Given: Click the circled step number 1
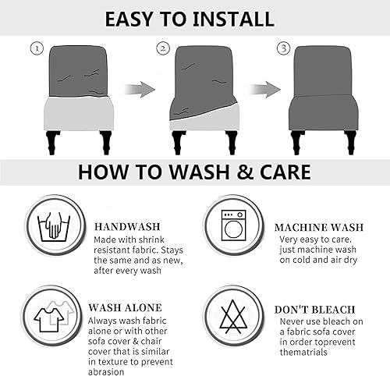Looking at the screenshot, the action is coord(37,48).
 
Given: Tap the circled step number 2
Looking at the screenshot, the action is coord(163,48).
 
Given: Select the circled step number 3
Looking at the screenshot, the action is coord(283,48).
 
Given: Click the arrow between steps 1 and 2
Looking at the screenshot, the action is coord(140,90).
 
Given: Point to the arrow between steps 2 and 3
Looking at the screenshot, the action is coord(264,90).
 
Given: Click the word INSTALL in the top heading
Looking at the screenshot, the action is coord(233,19).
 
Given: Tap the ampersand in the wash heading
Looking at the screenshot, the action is coord(245,172).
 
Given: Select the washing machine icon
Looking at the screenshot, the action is coord(233,225).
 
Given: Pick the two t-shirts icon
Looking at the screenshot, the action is coord(54,317).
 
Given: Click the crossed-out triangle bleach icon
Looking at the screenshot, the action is coord(233,317).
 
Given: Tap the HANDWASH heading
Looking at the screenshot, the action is coord(127,227).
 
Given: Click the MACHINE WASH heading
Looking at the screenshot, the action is coord(319,228).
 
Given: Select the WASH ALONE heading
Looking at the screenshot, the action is coord(125,308).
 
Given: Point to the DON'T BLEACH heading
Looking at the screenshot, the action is coord(314,310).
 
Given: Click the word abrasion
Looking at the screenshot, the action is coord(106,371).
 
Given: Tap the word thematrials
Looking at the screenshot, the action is coord(303,353).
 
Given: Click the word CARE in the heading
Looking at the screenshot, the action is coord(285,172).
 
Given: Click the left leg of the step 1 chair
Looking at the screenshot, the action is coord(52,143).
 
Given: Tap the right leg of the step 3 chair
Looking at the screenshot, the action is coord(350,143).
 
